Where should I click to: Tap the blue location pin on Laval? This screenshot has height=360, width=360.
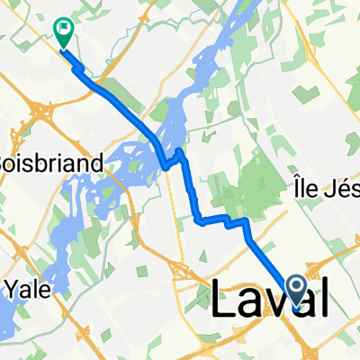297,290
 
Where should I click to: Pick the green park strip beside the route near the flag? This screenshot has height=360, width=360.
99,72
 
